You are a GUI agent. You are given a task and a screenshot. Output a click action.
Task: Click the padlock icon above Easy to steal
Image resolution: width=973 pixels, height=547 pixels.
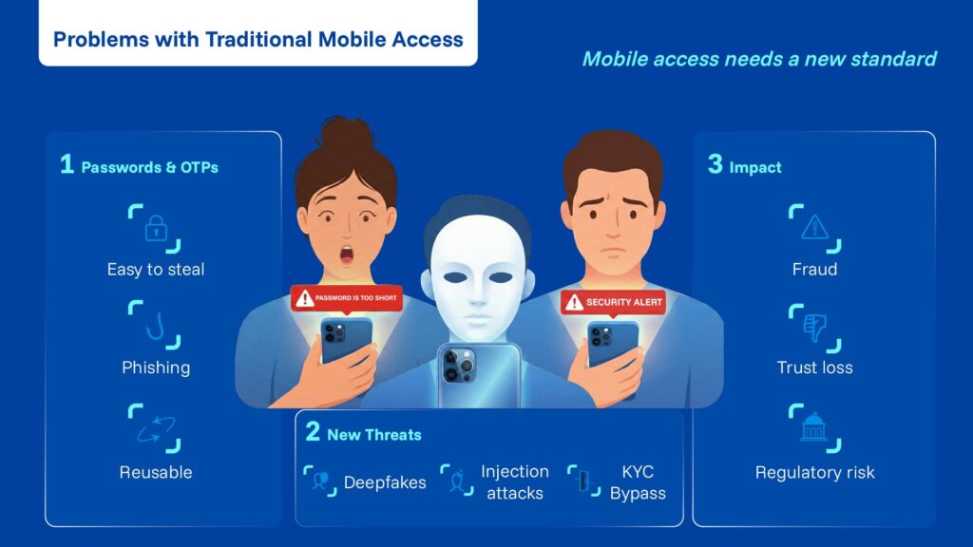tap(155, 228)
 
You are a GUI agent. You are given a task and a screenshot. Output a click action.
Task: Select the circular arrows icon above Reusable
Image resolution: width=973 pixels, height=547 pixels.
tap(155, 430)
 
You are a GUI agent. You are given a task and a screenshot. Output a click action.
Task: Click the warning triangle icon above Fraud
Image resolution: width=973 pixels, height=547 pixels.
tap(814, 228)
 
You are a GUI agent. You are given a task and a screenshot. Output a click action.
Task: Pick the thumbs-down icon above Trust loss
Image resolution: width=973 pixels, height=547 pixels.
tap(814, 328)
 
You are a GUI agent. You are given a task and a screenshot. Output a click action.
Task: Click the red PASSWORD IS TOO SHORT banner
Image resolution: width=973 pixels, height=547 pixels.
tap(348, 299)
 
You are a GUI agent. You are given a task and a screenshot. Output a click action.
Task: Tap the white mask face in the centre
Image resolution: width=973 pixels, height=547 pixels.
tap(477, 275)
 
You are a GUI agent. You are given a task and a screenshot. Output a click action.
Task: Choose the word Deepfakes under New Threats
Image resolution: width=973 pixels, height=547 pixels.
tap(384, 482)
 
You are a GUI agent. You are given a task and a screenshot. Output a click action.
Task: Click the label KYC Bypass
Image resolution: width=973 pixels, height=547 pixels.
tap(638, 482)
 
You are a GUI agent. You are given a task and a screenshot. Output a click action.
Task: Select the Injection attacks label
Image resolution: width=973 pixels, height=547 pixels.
tap(514, 482)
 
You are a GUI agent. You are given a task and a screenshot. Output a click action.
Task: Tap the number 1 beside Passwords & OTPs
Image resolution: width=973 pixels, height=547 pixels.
tap(67, 165)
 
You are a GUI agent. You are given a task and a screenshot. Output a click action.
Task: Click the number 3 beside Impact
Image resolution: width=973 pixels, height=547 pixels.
tap(715, 165)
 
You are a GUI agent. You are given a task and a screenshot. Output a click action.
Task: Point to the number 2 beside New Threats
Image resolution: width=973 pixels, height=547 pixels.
tap(313, 433)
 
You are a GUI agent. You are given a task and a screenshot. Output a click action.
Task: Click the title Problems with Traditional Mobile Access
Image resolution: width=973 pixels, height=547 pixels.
tap(258, 40)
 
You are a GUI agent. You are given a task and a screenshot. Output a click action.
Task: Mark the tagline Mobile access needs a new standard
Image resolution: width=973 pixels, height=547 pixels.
tap(758, 59)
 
